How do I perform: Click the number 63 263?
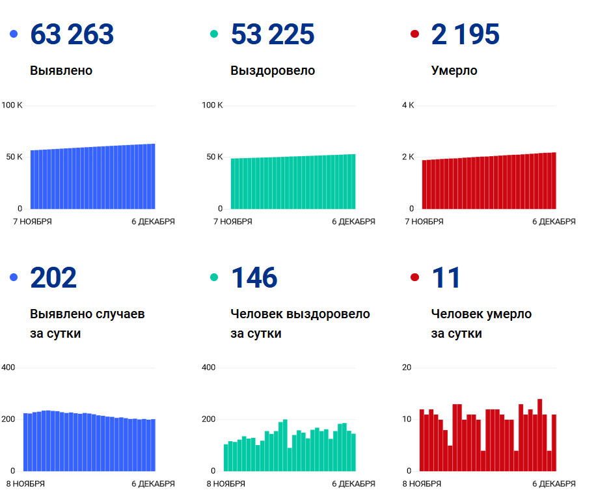point(72,34)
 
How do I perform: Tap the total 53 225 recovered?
point(272,34)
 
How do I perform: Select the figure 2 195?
point(465,34)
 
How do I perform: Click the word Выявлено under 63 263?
point(61,70)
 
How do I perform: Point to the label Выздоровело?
point(273,70)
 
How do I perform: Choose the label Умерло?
point(454,70)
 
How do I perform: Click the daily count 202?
point(53,278)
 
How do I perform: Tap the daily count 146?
point(254,278)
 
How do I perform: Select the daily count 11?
point(446,278)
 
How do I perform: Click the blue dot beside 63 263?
point(14,34)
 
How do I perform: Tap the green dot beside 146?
point(214,278)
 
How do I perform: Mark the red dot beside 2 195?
point(414,34)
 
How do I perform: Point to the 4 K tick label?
point(408,105)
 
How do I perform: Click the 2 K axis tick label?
point(408,157)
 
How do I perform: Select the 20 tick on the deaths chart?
point(407,368)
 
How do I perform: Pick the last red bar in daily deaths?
point(554,442)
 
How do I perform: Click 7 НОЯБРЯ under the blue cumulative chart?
point(32,222)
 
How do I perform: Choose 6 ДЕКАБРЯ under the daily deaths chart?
point(554,484)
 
